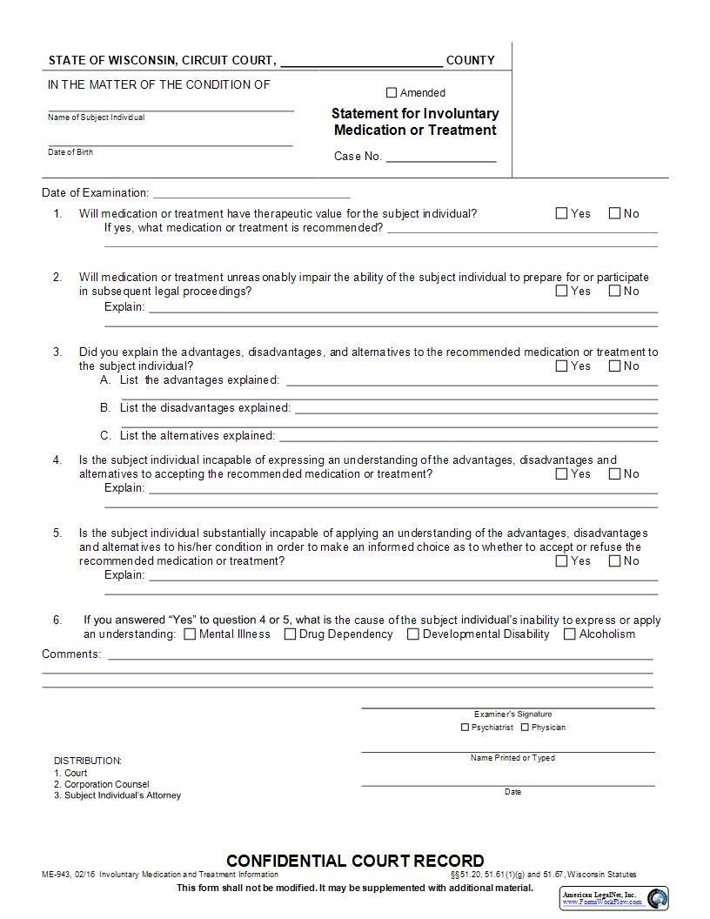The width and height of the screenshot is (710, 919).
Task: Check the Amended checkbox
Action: click(x=392, y=93)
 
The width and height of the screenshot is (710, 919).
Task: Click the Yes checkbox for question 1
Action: click(x=562, y=213)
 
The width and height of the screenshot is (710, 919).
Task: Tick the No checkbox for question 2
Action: click(x=614, y=291)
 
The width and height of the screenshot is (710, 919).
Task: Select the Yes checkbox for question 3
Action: click(x=562, y=366)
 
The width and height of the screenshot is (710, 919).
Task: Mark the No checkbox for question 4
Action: click(x=614, y=473)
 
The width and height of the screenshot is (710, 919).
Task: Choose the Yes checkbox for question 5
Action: click(x=562, y=560)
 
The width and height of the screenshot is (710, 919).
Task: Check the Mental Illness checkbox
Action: click(x=190, y=634)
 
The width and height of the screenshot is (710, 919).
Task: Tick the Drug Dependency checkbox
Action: click(x=291, y=634)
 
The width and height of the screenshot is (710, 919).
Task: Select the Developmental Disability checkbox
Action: click(x=413, y=634)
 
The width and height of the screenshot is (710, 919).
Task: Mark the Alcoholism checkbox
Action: click(x=570, y=634)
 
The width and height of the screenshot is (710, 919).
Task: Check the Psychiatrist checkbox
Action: click(x=465, y=728)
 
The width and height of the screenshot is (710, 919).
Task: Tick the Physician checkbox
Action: click(x=525, y=728)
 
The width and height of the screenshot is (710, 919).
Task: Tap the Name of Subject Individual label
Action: click(x=96, y=117)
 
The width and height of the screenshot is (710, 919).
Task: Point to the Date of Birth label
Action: click(x=70, y=152)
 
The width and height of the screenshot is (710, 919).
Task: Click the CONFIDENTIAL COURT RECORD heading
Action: click(x=355, y=861)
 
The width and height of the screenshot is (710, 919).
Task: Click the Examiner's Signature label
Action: click(x=512, y=714)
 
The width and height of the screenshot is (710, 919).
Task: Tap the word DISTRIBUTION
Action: click(x=88, y=761)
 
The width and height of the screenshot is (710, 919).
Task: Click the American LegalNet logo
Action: click(x=658, y=897)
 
